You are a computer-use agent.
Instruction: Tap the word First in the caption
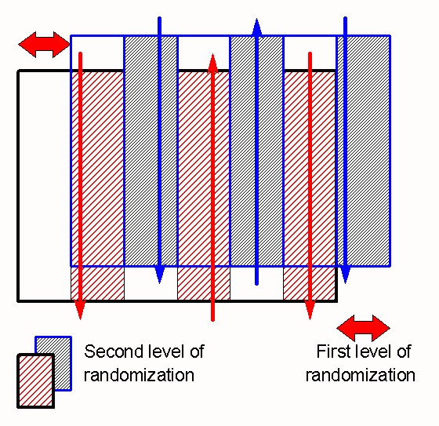point(334,351)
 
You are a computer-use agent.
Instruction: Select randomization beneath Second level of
point(140,375)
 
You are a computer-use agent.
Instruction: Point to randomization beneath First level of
point(361,375)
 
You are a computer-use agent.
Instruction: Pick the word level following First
point(373,351)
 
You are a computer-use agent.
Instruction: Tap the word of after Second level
point(197,351)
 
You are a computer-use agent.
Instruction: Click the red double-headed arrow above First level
point(364,328)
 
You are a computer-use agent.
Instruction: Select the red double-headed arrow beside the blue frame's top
point(44,45)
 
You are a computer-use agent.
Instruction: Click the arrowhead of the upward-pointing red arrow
point(212,63)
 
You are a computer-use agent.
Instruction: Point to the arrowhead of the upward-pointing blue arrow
point(257,27)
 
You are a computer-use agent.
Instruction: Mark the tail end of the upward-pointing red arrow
point(212,320)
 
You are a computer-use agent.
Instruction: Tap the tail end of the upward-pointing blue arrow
point(257,284)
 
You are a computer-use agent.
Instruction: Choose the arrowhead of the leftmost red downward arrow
point(80,310)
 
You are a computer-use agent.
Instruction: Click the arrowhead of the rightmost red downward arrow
point(310,310)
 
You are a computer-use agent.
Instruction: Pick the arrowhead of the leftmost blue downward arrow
point(159,274)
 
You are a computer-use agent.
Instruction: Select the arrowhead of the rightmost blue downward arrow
point(345,274)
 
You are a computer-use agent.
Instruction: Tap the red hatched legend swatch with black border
point(36,380)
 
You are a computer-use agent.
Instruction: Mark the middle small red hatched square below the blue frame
point(204,283)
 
